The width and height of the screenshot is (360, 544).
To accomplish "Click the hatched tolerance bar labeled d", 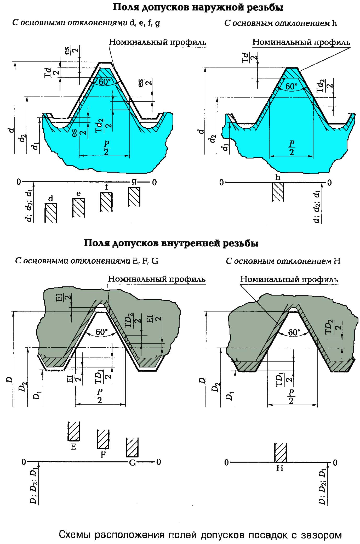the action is pos(51,213).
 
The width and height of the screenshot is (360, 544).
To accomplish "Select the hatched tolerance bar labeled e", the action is pos(78,208).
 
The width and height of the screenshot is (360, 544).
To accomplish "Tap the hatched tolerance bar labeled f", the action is pos(107,202).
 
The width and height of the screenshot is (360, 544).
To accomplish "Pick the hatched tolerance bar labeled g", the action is pos(134,197).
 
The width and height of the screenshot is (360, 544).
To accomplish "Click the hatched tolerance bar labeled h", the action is pos(278,192).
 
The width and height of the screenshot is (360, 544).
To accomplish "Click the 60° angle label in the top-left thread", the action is pos(105,82).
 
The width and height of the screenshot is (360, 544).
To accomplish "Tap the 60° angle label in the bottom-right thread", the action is pos(294,332).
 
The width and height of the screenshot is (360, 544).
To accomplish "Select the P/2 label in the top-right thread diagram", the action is pos(292,148).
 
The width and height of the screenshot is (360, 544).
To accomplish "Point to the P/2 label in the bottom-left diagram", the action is pos(100,396).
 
